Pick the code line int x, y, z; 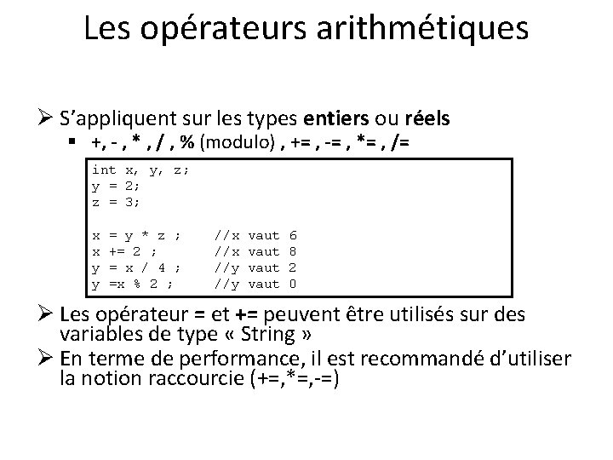click(x=140, y=170)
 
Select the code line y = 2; click(x=116, y=185)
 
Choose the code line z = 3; click(x=116, y=201)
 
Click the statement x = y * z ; click(x=136, y=233)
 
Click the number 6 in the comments click(x=294, y=233)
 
